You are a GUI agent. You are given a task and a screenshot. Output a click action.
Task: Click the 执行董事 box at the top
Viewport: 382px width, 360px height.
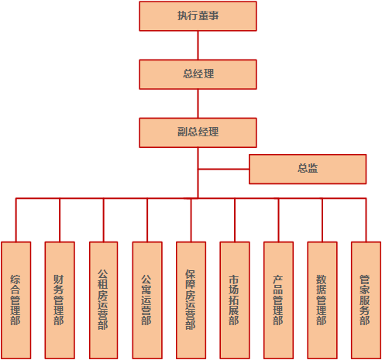click(x=198, y=16)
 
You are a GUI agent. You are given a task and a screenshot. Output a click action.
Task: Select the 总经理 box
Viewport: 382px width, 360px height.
click(x=198, y=74)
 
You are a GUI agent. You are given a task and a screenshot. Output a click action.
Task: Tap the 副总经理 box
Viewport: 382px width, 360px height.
click(x=198, y=132)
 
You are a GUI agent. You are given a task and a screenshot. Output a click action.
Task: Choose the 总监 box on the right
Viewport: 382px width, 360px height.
click(x=307, y=169)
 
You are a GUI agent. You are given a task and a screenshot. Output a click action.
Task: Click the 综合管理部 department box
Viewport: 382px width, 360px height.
click(x=16, y=300)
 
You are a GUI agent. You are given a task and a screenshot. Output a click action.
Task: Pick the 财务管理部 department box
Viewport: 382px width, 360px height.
click(x=60, y=300)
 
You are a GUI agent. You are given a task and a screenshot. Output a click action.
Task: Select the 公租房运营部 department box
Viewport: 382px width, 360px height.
click(x=103, y=300)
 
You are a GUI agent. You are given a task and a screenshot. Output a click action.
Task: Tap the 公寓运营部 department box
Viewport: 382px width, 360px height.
click(x=146, y=300)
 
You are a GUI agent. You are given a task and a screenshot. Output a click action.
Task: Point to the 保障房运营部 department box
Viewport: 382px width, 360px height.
click(x=191, y=300)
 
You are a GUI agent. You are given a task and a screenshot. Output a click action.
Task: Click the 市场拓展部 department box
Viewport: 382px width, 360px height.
click(x=234, y=300)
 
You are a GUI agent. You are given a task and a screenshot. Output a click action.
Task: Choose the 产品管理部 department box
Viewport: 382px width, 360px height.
click(x=278, y=300)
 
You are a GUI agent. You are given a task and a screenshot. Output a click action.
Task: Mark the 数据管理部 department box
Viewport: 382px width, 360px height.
click(x=322, y=300)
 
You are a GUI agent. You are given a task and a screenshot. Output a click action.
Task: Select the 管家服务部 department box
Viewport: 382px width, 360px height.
click(x=365, y=300)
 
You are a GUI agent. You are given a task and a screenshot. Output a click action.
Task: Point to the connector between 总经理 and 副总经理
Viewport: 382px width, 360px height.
click(x=198, y=103)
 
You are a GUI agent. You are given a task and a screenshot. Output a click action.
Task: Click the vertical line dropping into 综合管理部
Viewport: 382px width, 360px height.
click(x=16, y=220)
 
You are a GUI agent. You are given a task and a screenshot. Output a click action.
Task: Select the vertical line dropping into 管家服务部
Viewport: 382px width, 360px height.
click(x=365, y=220)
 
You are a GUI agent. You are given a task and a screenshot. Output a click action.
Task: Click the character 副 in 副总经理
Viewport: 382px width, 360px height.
click(x=181, y=132)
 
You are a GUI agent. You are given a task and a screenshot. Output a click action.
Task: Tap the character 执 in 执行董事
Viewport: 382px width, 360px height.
click(x=181, y=16)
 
